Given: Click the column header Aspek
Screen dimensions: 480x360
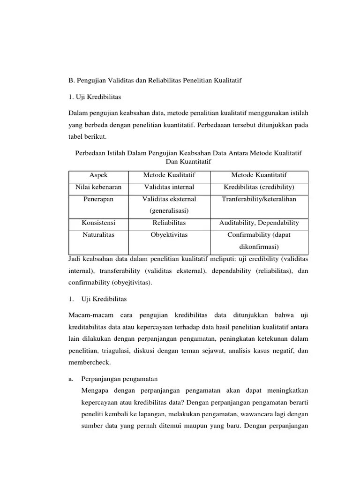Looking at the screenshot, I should [98, 175].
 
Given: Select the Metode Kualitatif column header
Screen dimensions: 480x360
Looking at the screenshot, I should [169, 175].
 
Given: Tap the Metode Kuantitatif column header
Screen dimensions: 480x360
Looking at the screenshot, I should [259, 175].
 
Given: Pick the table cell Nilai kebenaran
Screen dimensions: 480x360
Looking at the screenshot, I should [98, 187].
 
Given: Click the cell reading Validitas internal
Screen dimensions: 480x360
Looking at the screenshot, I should [169, 187].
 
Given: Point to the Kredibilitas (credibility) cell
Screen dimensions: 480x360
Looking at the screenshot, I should [259, 187].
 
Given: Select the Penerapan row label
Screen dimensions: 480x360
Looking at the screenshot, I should [98, 199].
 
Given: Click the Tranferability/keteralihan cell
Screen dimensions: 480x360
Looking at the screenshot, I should [259, 199].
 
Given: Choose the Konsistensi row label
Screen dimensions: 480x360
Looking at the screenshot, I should [98, 223].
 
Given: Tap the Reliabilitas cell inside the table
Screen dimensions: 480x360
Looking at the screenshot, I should [169, 223].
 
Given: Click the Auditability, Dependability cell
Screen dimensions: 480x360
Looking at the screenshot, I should [259, 223].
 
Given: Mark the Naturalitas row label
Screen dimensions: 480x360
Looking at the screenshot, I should [98, 235].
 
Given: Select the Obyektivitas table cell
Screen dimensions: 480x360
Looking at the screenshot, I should [169, 235].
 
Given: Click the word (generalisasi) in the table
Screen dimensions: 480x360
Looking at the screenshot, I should [169, 211].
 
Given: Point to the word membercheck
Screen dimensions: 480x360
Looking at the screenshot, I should [90, 363].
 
